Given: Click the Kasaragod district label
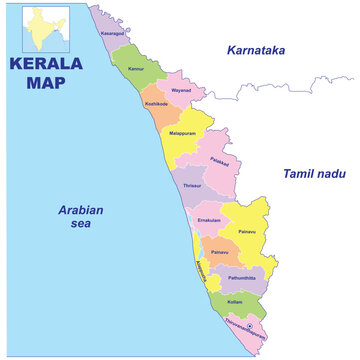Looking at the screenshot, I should tap(113, 32).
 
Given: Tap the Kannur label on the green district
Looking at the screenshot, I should tap(136, 70).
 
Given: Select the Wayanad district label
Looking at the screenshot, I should tap(181, 90).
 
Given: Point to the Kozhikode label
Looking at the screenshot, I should tap(157, 103).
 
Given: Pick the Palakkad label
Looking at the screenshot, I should tap(220, 161).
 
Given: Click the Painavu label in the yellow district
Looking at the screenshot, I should tap(248, 231).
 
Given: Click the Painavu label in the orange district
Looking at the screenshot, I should tap(219, 252).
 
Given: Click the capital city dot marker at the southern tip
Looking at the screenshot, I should tap(249, 326).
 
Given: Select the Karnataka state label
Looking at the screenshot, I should tap(256, 49).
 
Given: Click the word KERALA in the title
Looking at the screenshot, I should tap(44, 65).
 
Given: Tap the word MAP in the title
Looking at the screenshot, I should tap(42, 84).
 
